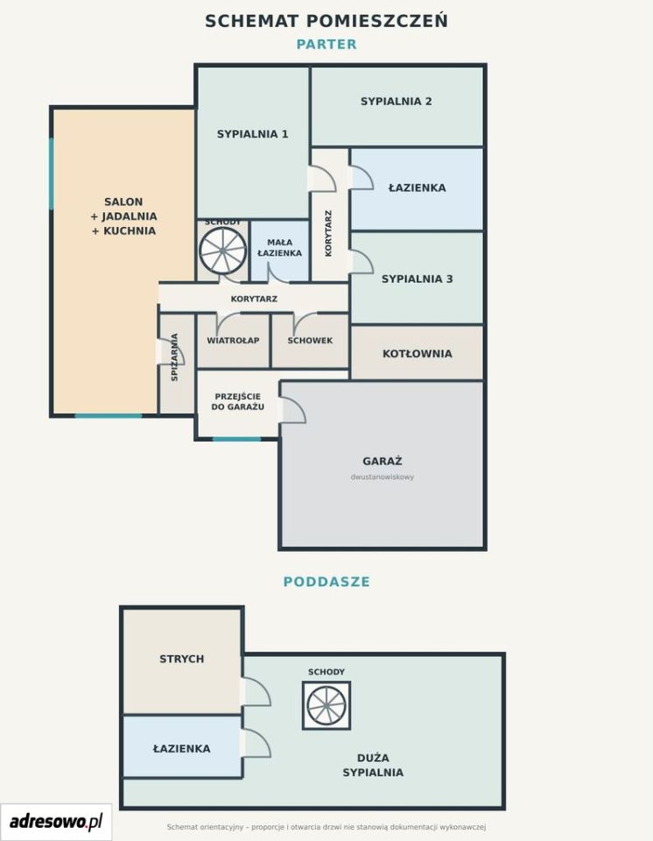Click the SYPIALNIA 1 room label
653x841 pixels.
pyautogui.click(x=252, y=134)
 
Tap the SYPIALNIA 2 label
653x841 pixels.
pyautogui.click(x=397, y=102)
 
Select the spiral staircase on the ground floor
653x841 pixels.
pyautogui.click(x=222, y=251)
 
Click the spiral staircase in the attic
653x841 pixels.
pyautogui.click(x=326, y=705)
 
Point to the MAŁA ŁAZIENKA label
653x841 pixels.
pyautogui.click(x=279, y=248)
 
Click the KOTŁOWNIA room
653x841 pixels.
pyautogui.click(x=418, y=353)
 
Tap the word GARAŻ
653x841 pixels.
pyautogui.click(x=383, y=461)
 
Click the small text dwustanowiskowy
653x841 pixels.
pyautogui.click(x=383, y=477)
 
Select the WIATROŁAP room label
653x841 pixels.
pyautogui.click(x=233, y=341)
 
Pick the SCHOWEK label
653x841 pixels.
pyautogui.click(x=310, y=341)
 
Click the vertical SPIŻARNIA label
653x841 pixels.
pyautogui.click(x=174, y=357)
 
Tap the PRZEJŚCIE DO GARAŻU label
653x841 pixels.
pyautogui.click(x=237, y=402)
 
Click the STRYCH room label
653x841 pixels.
pyautogui.click(x=182, y=659)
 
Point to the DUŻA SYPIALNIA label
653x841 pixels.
pyautogui.click(x=373, y=766)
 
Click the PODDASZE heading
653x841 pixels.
pyautogui.click(x=326, y=582)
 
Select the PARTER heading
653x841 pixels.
pyautogui.click(x=326, y=44)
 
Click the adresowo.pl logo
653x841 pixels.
pyautogui.click(x=56, y=821)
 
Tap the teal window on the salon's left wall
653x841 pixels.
pyautogui.click(x=52, y=173)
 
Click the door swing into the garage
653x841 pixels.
pyautogui.click(x=292, y=410)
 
